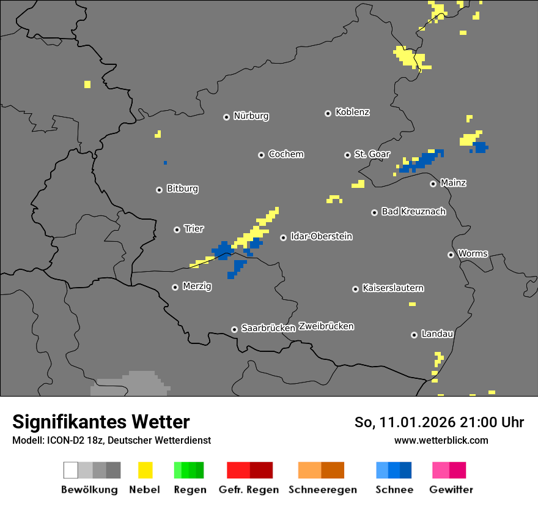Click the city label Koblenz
(x=352, y=112)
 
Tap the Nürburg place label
(x=251, y=116)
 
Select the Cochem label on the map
(x=286, y=154)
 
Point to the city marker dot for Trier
(x=177, y=230)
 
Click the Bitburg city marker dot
(x=160, y=190)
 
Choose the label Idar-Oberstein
(x=321, y=236)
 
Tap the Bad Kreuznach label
(x=413, y=212)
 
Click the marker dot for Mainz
(x=433, y=184)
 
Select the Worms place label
(x=473, y=253)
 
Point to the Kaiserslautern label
(x=392, y=288)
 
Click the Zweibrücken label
(x=326, y=326)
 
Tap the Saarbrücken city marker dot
(x=234, y=329)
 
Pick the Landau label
(x=437, y=334)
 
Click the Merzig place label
(x=197, y=286)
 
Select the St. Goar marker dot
(x=347, y=155)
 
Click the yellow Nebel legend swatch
(x=145, y=470)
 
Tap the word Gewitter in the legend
(x=451, y=490)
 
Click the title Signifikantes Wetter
(x=101, y=422)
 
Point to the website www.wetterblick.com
(x=441, y=440)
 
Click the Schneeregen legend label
(x=322, y=490)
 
